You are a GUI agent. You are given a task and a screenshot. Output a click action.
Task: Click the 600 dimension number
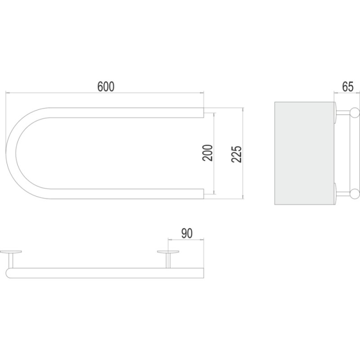pos(106,86)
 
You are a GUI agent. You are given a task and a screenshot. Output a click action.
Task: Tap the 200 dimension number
pos(208,153)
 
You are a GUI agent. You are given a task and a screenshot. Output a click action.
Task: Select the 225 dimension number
pos(237,154)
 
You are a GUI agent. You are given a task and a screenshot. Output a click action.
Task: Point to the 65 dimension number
pos(347,87)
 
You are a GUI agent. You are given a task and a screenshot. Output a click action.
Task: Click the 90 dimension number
pos(187,234)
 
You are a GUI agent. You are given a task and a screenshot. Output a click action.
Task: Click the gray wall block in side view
pos(305,153)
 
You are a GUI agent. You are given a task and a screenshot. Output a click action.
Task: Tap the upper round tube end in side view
pos(355,113)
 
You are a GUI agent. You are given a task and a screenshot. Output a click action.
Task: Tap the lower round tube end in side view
pos(355,193)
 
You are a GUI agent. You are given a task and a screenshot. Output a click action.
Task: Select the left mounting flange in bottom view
pos(11,252)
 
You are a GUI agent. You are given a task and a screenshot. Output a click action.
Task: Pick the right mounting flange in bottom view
pos(168,252)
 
